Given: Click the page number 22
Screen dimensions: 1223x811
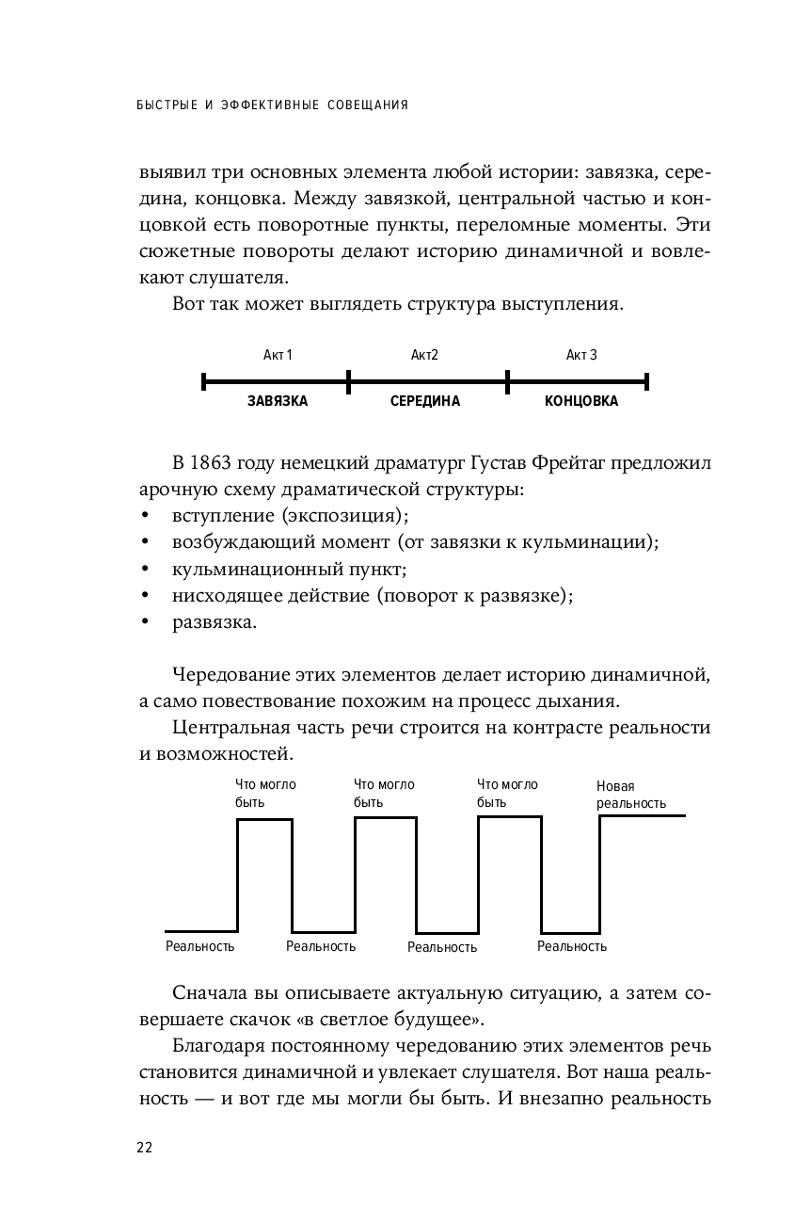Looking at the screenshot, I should (144, 1147).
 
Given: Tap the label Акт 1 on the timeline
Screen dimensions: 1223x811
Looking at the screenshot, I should (278, 355).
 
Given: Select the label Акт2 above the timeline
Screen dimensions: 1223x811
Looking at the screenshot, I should (425, 355).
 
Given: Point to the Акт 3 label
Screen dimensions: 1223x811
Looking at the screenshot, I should (581, 355).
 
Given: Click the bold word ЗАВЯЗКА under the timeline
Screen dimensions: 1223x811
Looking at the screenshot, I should (278, 401).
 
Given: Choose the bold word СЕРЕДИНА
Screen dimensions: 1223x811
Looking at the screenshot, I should (425, 401).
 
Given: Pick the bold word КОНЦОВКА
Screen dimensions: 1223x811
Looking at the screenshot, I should (581, 401).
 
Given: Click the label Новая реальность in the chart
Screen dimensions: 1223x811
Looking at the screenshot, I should (630, 795).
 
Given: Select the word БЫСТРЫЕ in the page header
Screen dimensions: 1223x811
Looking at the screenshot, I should (170, 105).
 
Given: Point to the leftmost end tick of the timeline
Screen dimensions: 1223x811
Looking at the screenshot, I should (204, 381).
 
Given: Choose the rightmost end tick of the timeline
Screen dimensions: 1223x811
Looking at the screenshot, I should (647, 381).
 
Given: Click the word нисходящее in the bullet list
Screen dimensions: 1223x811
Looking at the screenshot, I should (224, 596).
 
